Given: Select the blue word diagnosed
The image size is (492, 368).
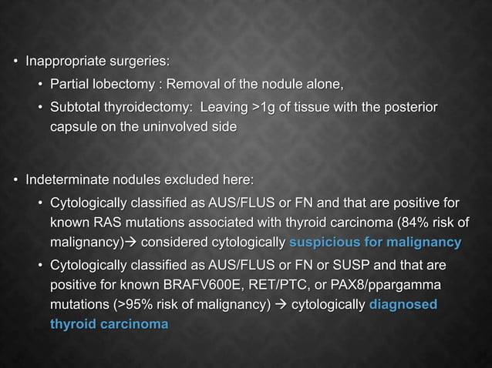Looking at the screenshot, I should [x=403, y=306].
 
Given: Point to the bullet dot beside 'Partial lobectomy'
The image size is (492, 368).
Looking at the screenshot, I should [x=40, y=84].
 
